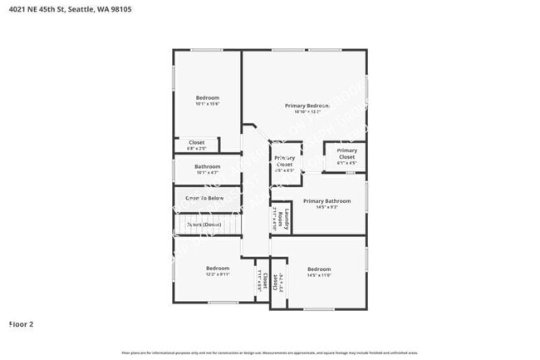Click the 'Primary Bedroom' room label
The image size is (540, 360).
307,106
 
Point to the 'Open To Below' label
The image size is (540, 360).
204,198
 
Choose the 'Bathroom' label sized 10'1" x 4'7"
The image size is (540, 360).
207,166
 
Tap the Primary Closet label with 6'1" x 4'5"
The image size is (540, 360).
346,154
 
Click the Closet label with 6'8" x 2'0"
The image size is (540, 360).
196,142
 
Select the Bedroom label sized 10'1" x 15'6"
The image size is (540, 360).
207,97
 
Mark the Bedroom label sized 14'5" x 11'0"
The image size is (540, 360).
319,269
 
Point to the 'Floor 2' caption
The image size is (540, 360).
21,324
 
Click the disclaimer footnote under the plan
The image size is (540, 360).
270,353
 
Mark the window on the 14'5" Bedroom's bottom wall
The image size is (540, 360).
318,309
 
